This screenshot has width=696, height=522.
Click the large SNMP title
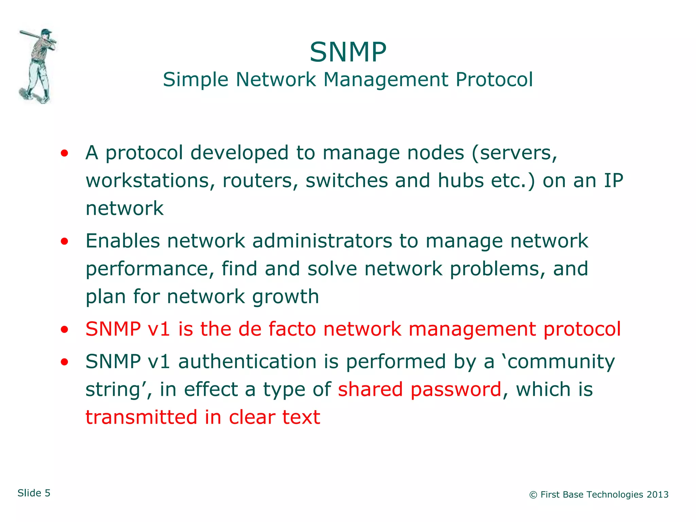(x=348, y=52)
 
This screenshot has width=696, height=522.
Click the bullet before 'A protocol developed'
(x=64, y=153)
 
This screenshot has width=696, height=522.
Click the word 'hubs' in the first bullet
(x=460, y=180)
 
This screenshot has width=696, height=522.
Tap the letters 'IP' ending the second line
(x=613, y=180)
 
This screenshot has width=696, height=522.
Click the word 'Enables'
(x=123, y=241)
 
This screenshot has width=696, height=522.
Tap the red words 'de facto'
(x=277, y=329)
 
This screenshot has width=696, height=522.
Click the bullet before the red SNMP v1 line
(x=64, y=329)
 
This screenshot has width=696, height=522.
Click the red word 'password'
(x=456, y=389)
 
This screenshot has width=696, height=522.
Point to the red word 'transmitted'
(x=141, y=417)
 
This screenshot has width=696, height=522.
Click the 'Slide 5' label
(x=34, y=493)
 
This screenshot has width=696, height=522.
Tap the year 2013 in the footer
(x=657, y=494)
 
